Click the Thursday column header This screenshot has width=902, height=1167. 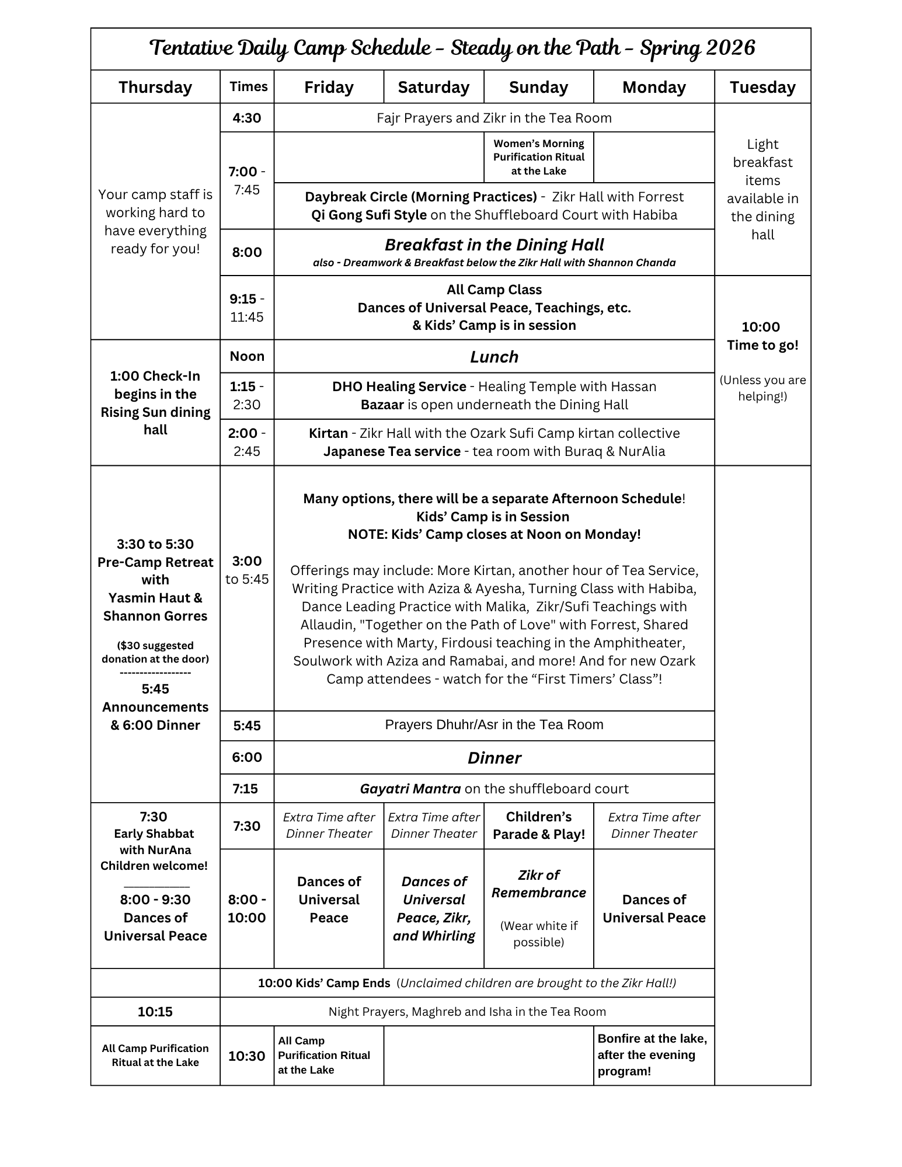point(155,87)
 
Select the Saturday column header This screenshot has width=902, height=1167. point(433,87)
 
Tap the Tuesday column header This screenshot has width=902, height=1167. point(762,87)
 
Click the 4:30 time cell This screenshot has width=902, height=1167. point(246,118)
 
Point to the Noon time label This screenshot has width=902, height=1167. point(246,356)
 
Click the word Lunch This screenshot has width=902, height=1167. point(494,357)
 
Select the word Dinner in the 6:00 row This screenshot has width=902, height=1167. point(494,758)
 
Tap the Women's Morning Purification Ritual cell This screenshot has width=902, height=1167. point(538,157)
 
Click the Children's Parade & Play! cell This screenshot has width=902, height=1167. point(538,825)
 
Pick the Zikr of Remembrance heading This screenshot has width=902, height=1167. point(538,883)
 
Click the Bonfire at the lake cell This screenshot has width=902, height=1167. point(653,1054)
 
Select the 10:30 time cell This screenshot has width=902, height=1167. point(246,1055)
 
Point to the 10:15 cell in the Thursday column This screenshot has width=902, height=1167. point(155,1011)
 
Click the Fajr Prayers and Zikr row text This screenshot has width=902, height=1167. point(494,118)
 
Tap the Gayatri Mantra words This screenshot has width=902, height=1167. point(410,789)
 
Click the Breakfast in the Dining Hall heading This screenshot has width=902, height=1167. point(494,245)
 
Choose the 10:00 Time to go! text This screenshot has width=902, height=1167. point(762,336)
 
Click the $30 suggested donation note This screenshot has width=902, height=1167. point(155,652)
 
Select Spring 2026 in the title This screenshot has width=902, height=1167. point(697,48)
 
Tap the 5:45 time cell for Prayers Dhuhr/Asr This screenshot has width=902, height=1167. point(246,726)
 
